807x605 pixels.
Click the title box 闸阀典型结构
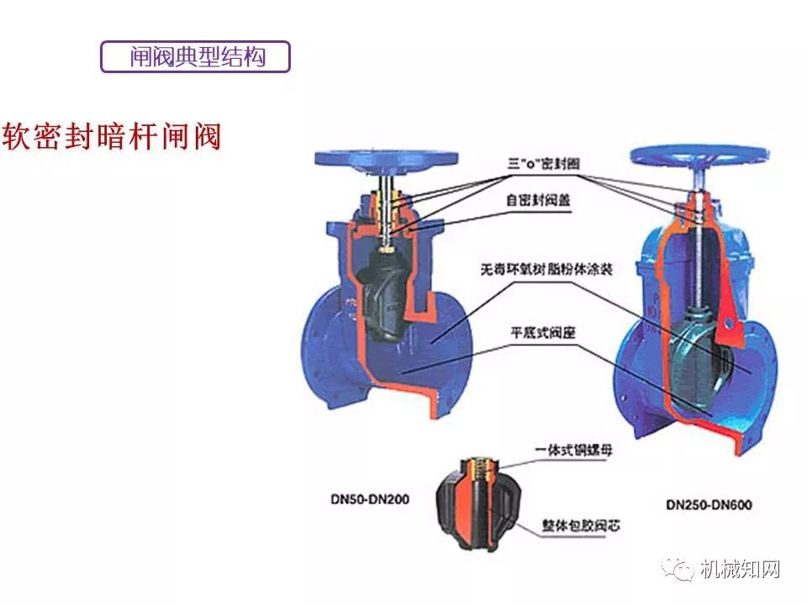[x=195, y=56]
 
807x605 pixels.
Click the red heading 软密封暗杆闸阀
[x=112, y=136]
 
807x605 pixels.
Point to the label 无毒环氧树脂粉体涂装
[x=546, y=271]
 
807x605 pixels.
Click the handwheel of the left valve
[x=386, y=159]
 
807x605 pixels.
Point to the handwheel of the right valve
[x=700, y=155]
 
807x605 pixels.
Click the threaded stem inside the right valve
[x=700, y=252]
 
